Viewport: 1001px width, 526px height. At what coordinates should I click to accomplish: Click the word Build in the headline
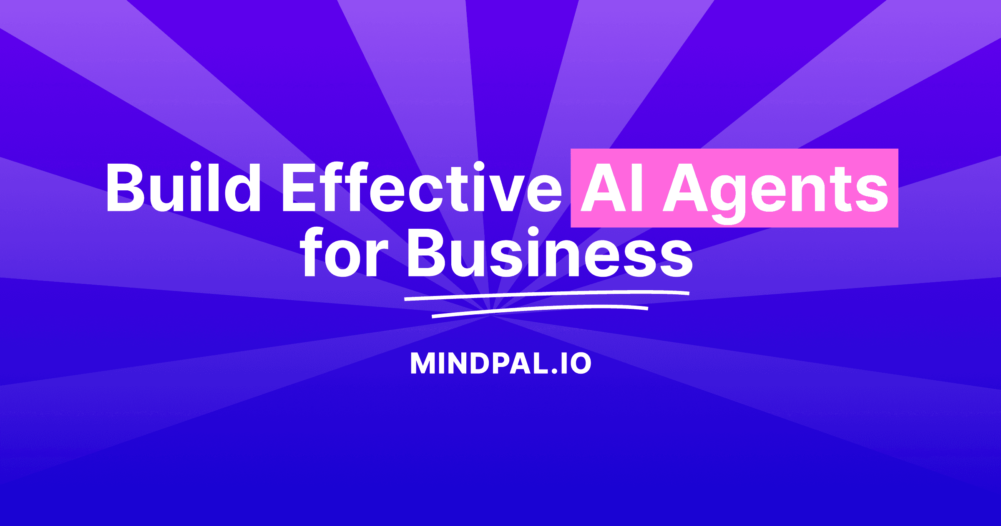point(184,187)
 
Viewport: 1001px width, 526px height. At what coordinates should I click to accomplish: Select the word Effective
point(422,187)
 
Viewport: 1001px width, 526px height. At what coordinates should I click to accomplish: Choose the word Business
point(550,253)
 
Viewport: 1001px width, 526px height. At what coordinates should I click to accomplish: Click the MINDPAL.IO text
point(501,363)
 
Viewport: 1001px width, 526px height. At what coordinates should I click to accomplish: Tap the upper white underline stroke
point(547,295)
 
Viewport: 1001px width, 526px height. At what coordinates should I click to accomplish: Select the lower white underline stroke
point(540,311)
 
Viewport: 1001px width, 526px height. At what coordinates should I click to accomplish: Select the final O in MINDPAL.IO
point(580,363)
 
